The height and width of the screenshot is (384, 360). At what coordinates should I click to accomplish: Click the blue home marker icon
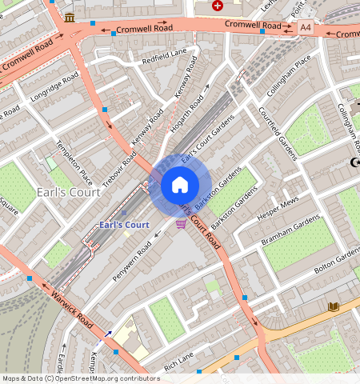pyautogui.click(x=180, y=186)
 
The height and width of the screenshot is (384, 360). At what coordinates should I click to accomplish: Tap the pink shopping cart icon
pyautogui.click(x=182, y=223)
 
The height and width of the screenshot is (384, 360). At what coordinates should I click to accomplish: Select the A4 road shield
pyautogui.click(x=305, y=27)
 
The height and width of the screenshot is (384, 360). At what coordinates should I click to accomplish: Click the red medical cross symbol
pyautogui.click(x=218, y=6)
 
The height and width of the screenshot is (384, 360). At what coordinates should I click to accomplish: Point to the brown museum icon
pyautogui.click(x=70, y=18)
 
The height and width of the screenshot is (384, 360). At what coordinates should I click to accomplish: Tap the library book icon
pyautogui.click(x=334, y=306)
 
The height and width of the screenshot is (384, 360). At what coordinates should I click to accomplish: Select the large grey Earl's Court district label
pyautogui.click(x=69, y=193)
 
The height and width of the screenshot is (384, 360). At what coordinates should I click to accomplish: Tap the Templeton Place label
pyautogui.click(x=74, y=162)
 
